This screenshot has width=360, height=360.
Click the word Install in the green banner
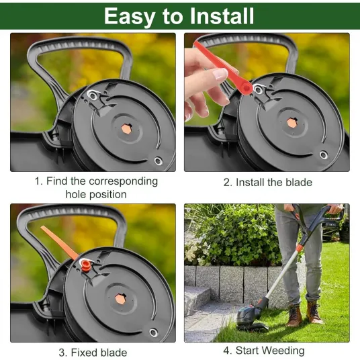[222, 15]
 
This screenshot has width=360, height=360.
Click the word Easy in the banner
[130, 17]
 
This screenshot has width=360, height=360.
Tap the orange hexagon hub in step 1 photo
[126, 129]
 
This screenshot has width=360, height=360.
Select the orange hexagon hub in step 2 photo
[292, 123]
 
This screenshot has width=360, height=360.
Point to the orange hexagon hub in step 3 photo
[121, 298]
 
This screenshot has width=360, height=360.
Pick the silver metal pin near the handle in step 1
[93, 95]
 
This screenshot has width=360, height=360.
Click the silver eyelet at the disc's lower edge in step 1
[159, 161]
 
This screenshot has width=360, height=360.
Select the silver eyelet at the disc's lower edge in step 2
[324, 155]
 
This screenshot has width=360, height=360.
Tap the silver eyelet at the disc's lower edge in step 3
[153, 332]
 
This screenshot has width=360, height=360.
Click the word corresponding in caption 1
[123, 181]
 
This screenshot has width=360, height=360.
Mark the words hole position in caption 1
[96, 195]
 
